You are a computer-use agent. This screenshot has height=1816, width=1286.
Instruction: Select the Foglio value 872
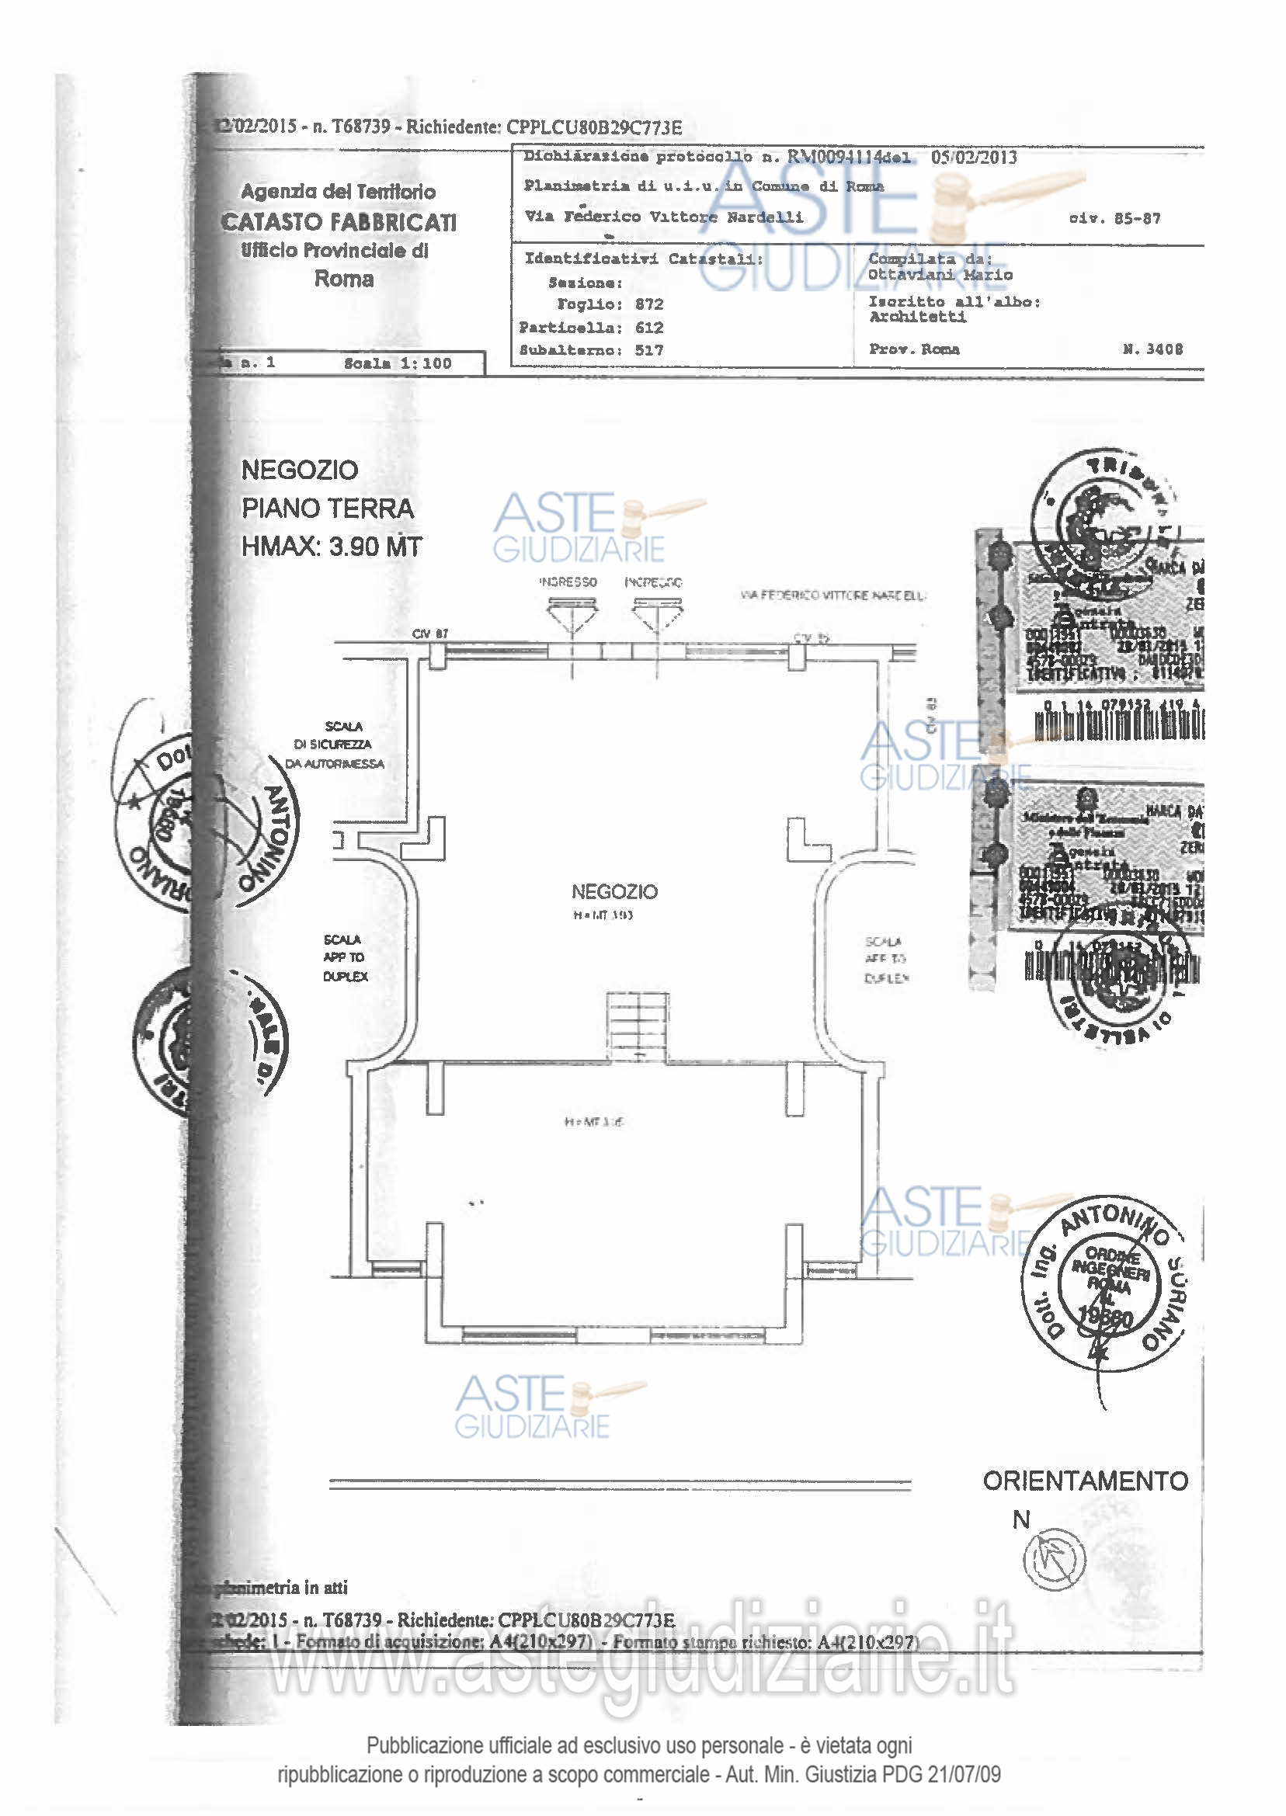649,304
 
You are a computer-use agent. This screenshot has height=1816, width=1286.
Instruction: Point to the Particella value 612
649,327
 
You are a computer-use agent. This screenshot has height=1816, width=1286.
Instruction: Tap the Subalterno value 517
649,350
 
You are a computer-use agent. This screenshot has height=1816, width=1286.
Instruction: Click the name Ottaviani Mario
940,275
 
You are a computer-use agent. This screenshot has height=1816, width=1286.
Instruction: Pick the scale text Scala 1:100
398,363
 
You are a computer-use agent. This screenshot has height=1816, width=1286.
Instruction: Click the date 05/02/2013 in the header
974,157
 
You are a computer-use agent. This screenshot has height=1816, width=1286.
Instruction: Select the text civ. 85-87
1114,218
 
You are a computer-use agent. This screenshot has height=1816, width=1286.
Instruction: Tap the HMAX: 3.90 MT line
332,547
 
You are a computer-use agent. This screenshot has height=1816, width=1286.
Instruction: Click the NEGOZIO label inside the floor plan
614,892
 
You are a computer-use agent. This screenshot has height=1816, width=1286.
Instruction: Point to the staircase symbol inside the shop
638,1025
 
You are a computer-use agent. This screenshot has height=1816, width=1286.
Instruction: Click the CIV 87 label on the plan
430,634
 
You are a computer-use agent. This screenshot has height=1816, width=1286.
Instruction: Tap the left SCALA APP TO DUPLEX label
346,958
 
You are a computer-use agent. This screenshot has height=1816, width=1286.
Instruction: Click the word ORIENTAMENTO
1086,1481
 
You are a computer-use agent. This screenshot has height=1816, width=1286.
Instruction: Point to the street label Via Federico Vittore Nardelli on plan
833,595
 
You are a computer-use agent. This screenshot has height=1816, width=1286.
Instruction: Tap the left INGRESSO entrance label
568,582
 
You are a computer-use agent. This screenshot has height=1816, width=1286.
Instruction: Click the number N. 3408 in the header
1153,349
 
